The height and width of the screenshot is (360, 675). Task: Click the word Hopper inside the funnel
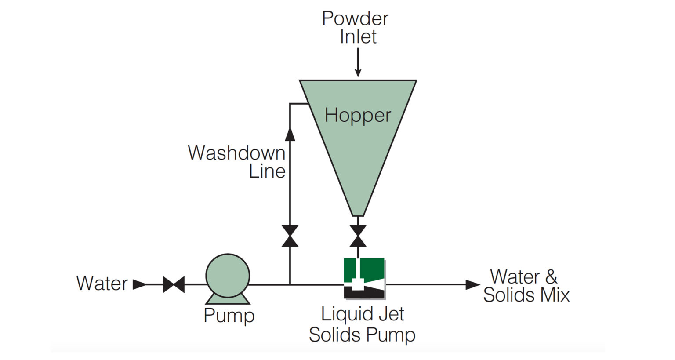click(358, 116)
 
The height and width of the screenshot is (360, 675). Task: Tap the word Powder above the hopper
click(355, 19)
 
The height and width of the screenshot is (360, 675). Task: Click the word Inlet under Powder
click(358, 37)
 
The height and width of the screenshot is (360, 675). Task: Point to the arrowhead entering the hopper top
click(358, 72)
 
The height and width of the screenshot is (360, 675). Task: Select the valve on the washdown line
click(290, 236)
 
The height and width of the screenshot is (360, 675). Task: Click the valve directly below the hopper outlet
click(358, 236)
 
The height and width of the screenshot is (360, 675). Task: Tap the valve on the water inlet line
click(174, 284)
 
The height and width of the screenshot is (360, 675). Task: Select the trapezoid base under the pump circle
click(228, 299)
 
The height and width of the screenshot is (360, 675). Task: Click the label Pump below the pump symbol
click(229, 316)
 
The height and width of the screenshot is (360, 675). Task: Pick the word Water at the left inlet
click(102, 284)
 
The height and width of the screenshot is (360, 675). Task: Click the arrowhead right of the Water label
click(139, 284)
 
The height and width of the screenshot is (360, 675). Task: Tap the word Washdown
click(236, 153)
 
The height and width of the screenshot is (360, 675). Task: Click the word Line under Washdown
click(267, 171)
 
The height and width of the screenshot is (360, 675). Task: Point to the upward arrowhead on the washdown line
click(290, 134)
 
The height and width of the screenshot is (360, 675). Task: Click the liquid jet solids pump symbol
click(364, 279)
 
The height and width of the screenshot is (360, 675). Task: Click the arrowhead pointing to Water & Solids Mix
click(472, 284)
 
